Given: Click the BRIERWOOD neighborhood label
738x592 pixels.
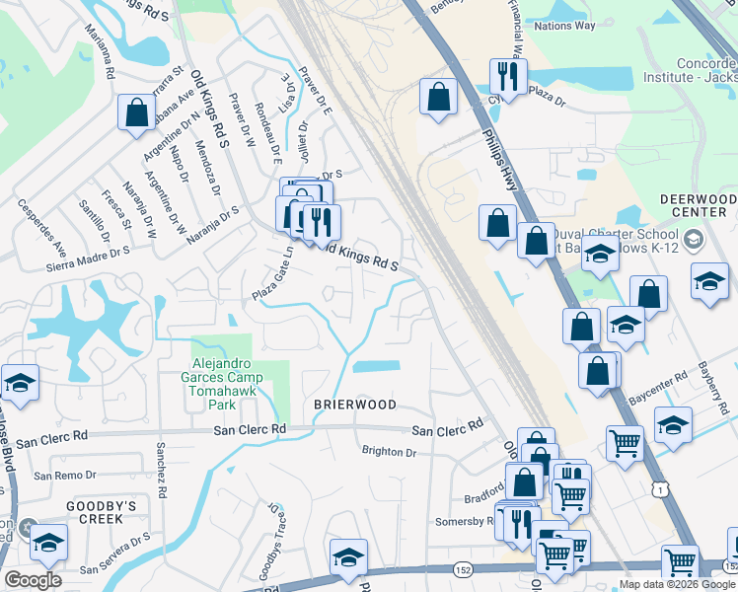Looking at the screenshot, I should click(x=355, y=405).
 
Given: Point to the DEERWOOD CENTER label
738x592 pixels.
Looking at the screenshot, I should click(x=699, y=205).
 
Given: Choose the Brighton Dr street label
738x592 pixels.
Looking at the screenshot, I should click(x=390, y=452).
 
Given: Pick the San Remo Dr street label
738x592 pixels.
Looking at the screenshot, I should click(x=65, y=476).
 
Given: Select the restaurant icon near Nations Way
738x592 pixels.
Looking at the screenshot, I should click(x=508, y=76).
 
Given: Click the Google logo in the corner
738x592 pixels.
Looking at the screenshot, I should click(x=33, y=580).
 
